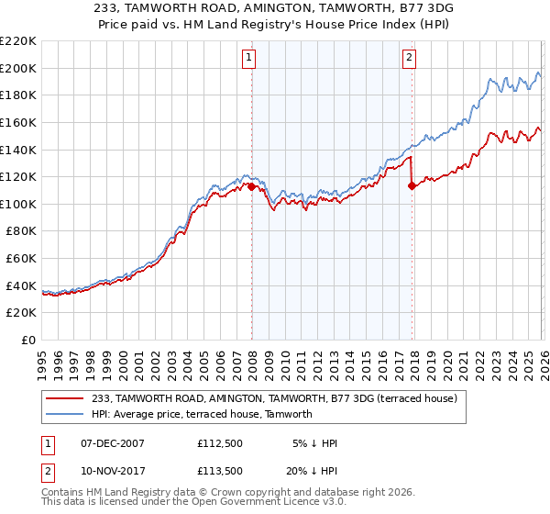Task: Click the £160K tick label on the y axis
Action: click(18, 122)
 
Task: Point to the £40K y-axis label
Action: click(21, 285)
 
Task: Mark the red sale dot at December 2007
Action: click(252, 186)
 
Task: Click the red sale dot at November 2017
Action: click(412, 185)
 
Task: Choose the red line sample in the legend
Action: click(64, 398)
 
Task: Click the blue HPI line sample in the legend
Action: click(64, 414)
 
